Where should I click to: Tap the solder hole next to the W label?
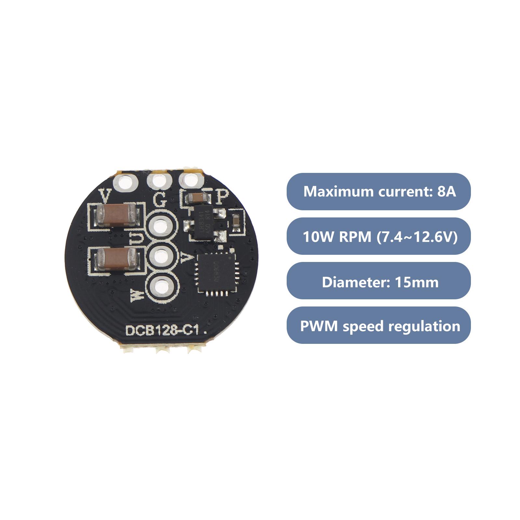(x=161, y=287)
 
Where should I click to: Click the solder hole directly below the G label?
(x=161, y=226)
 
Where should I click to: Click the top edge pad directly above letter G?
(x=159, y=180)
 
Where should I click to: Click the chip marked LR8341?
(x=204, y=224)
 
